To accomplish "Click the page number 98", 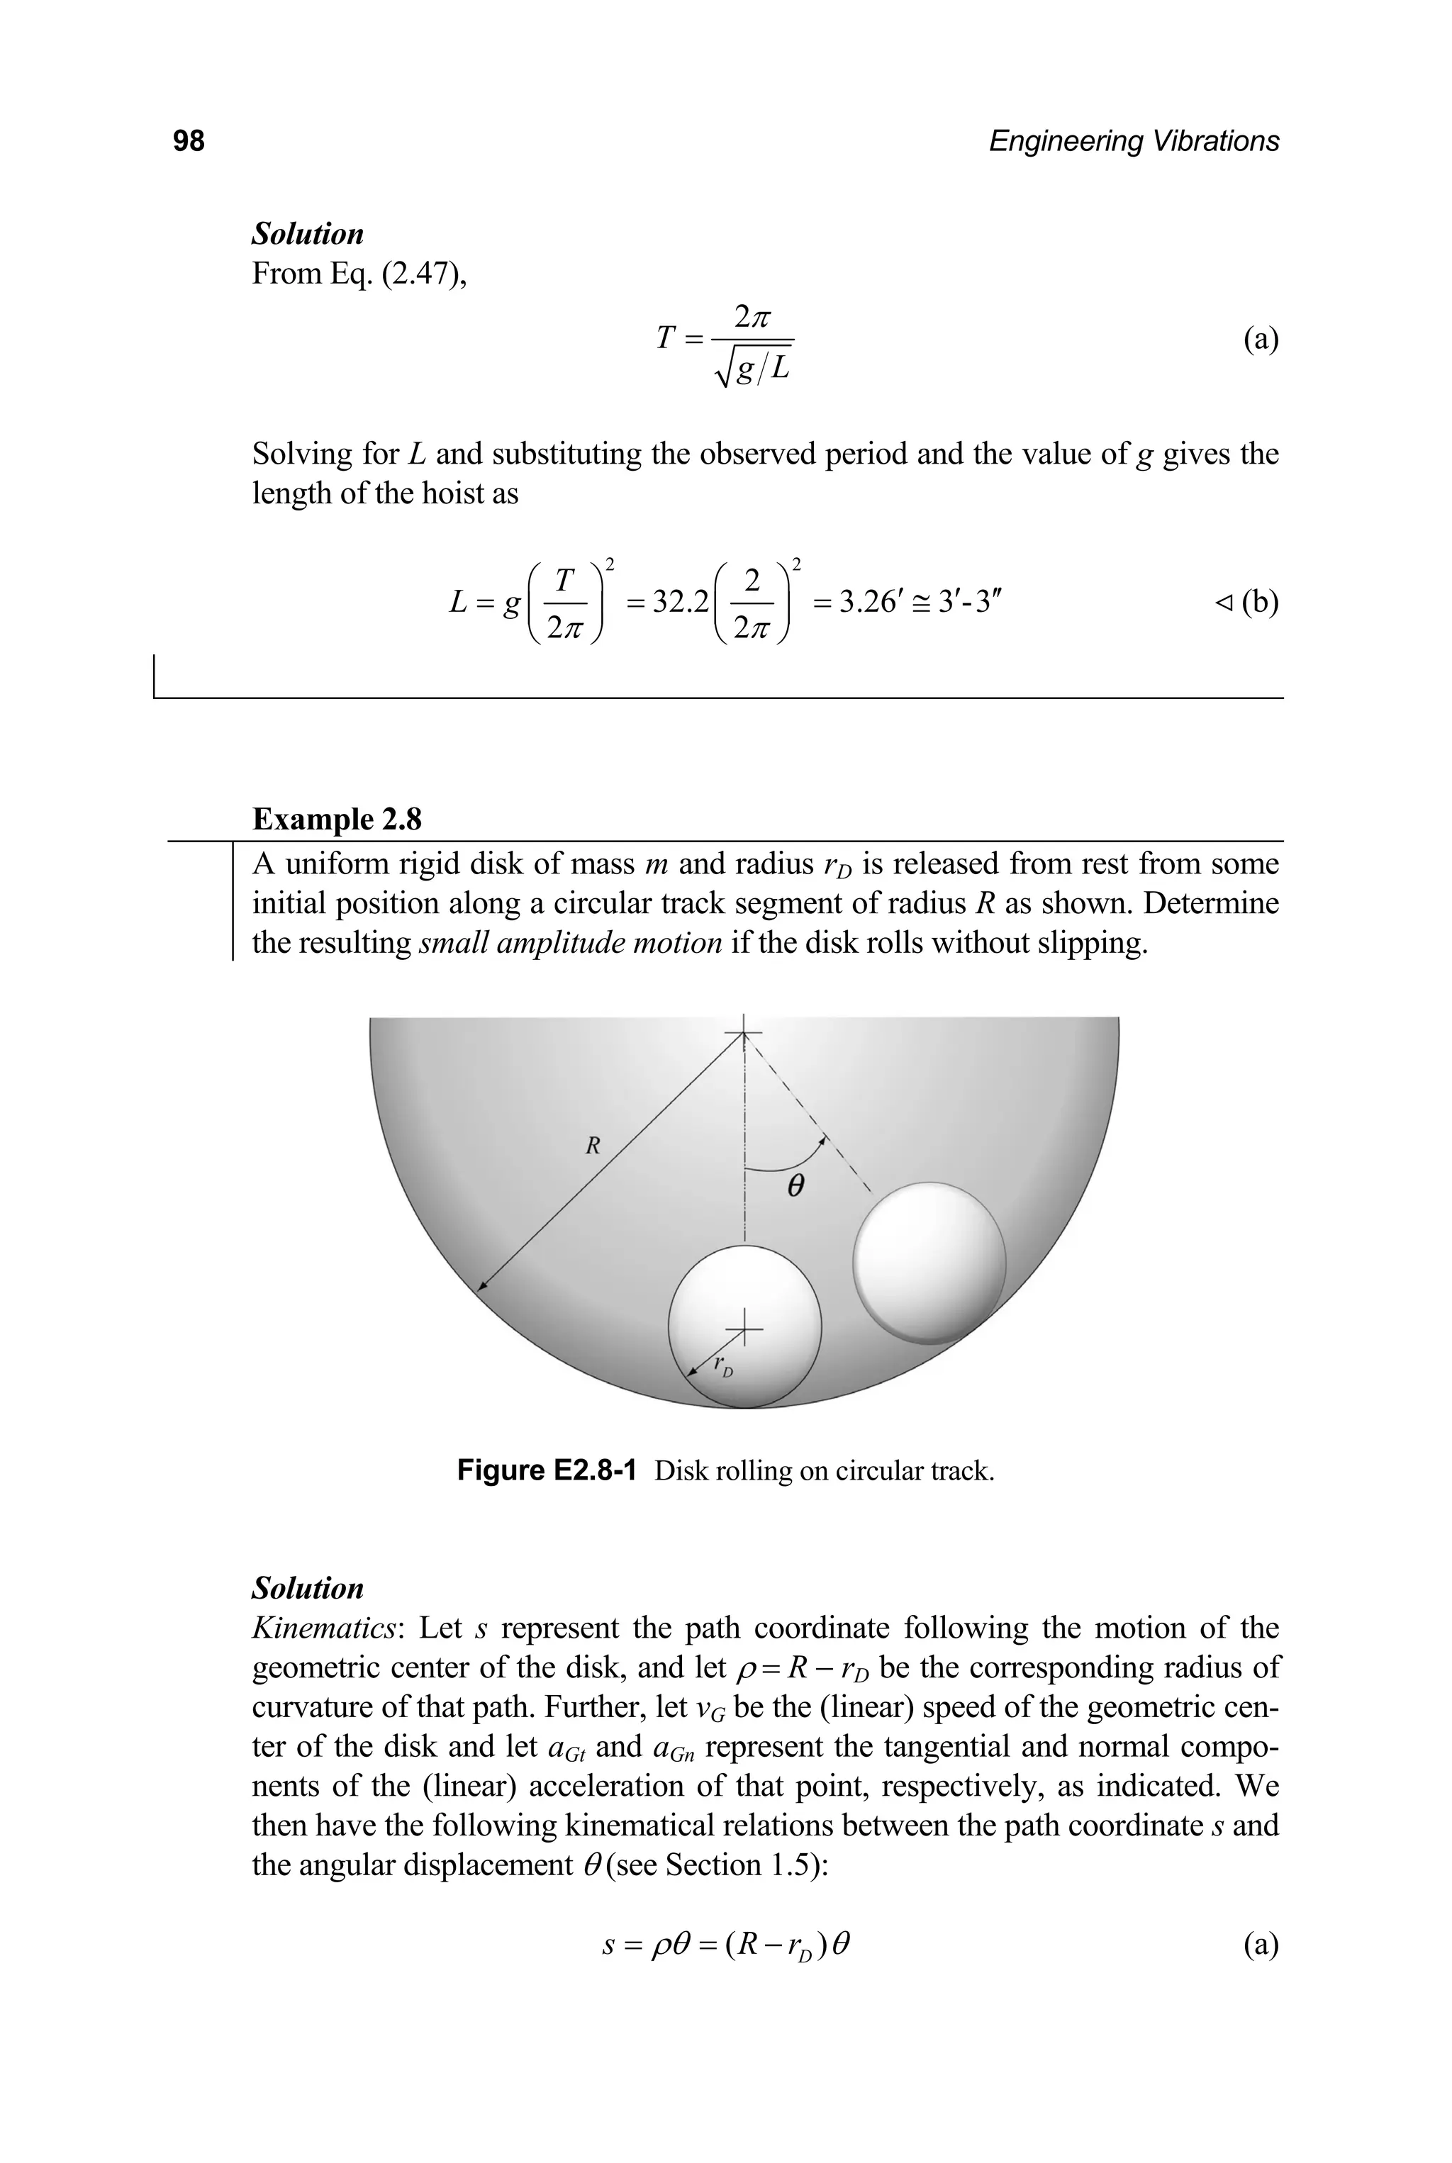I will click(189, 141).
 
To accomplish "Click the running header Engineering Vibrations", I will click(1134, 141).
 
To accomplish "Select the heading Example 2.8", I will click(337, 820).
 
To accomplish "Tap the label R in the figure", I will click(593, 1146).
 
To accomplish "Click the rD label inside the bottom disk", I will click(723, 1367).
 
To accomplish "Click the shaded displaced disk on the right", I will click(929, 1261).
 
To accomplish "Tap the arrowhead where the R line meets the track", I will click(481, 1286).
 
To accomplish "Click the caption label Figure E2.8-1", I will click(547, 1471).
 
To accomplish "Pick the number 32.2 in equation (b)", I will click(681, 603).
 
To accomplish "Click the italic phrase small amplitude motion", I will click(571, 943).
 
